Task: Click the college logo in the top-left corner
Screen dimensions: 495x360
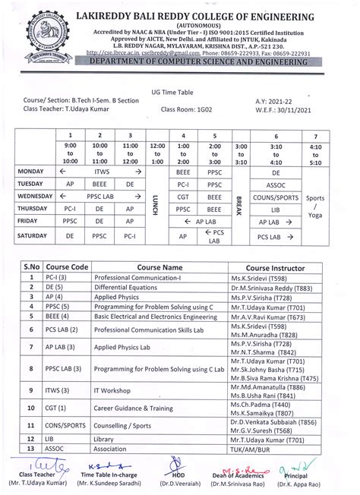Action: click(x=28, y=31)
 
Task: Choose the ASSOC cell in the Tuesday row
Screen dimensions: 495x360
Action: click(x=274, y=184)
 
